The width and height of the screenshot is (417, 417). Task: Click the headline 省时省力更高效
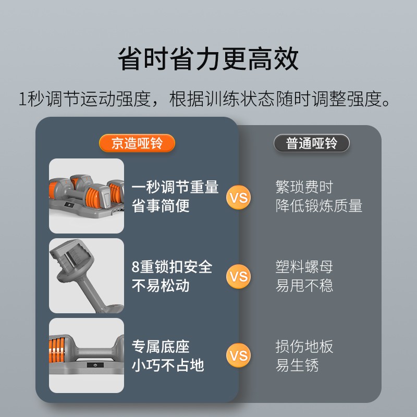point(208,59)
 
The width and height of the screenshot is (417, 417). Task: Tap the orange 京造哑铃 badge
point(137,143)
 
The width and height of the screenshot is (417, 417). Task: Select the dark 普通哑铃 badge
point(311,143)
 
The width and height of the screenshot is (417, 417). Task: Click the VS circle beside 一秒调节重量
point(238,198)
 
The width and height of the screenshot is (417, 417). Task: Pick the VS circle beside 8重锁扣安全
point(238,276)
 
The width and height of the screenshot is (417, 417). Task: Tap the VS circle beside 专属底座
point(238,355)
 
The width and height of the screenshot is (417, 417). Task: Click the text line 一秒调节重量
point(175,187)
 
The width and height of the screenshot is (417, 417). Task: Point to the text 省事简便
point(161,206)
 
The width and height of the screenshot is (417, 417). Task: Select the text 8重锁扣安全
point(172,267)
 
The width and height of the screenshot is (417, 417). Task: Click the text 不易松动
point(161,286)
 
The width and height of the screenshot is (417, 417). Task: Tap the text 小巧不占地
point(168,365)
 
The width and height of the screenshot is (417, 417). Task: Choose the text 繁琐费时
point(304,187)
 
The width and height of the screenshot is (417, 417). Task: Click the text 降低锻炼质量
point(319,206)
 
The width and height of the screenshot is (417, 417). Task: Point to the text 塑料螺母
point(304,267)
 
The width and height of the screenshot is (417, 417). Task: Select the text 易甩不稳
point(304,286)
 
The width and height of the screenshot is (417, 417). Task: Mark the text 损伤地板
point(304,347)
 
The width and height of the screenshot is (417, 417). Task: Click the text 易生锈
point(297,365)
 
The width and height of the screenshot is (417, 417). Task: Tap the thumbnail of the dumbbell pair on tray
point(87,196)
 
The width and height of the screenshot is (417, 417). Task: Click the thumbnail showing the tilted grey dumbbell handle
point(87,276)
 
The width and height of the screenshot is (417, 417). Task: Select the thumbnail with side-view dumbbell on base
point(87,355)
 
